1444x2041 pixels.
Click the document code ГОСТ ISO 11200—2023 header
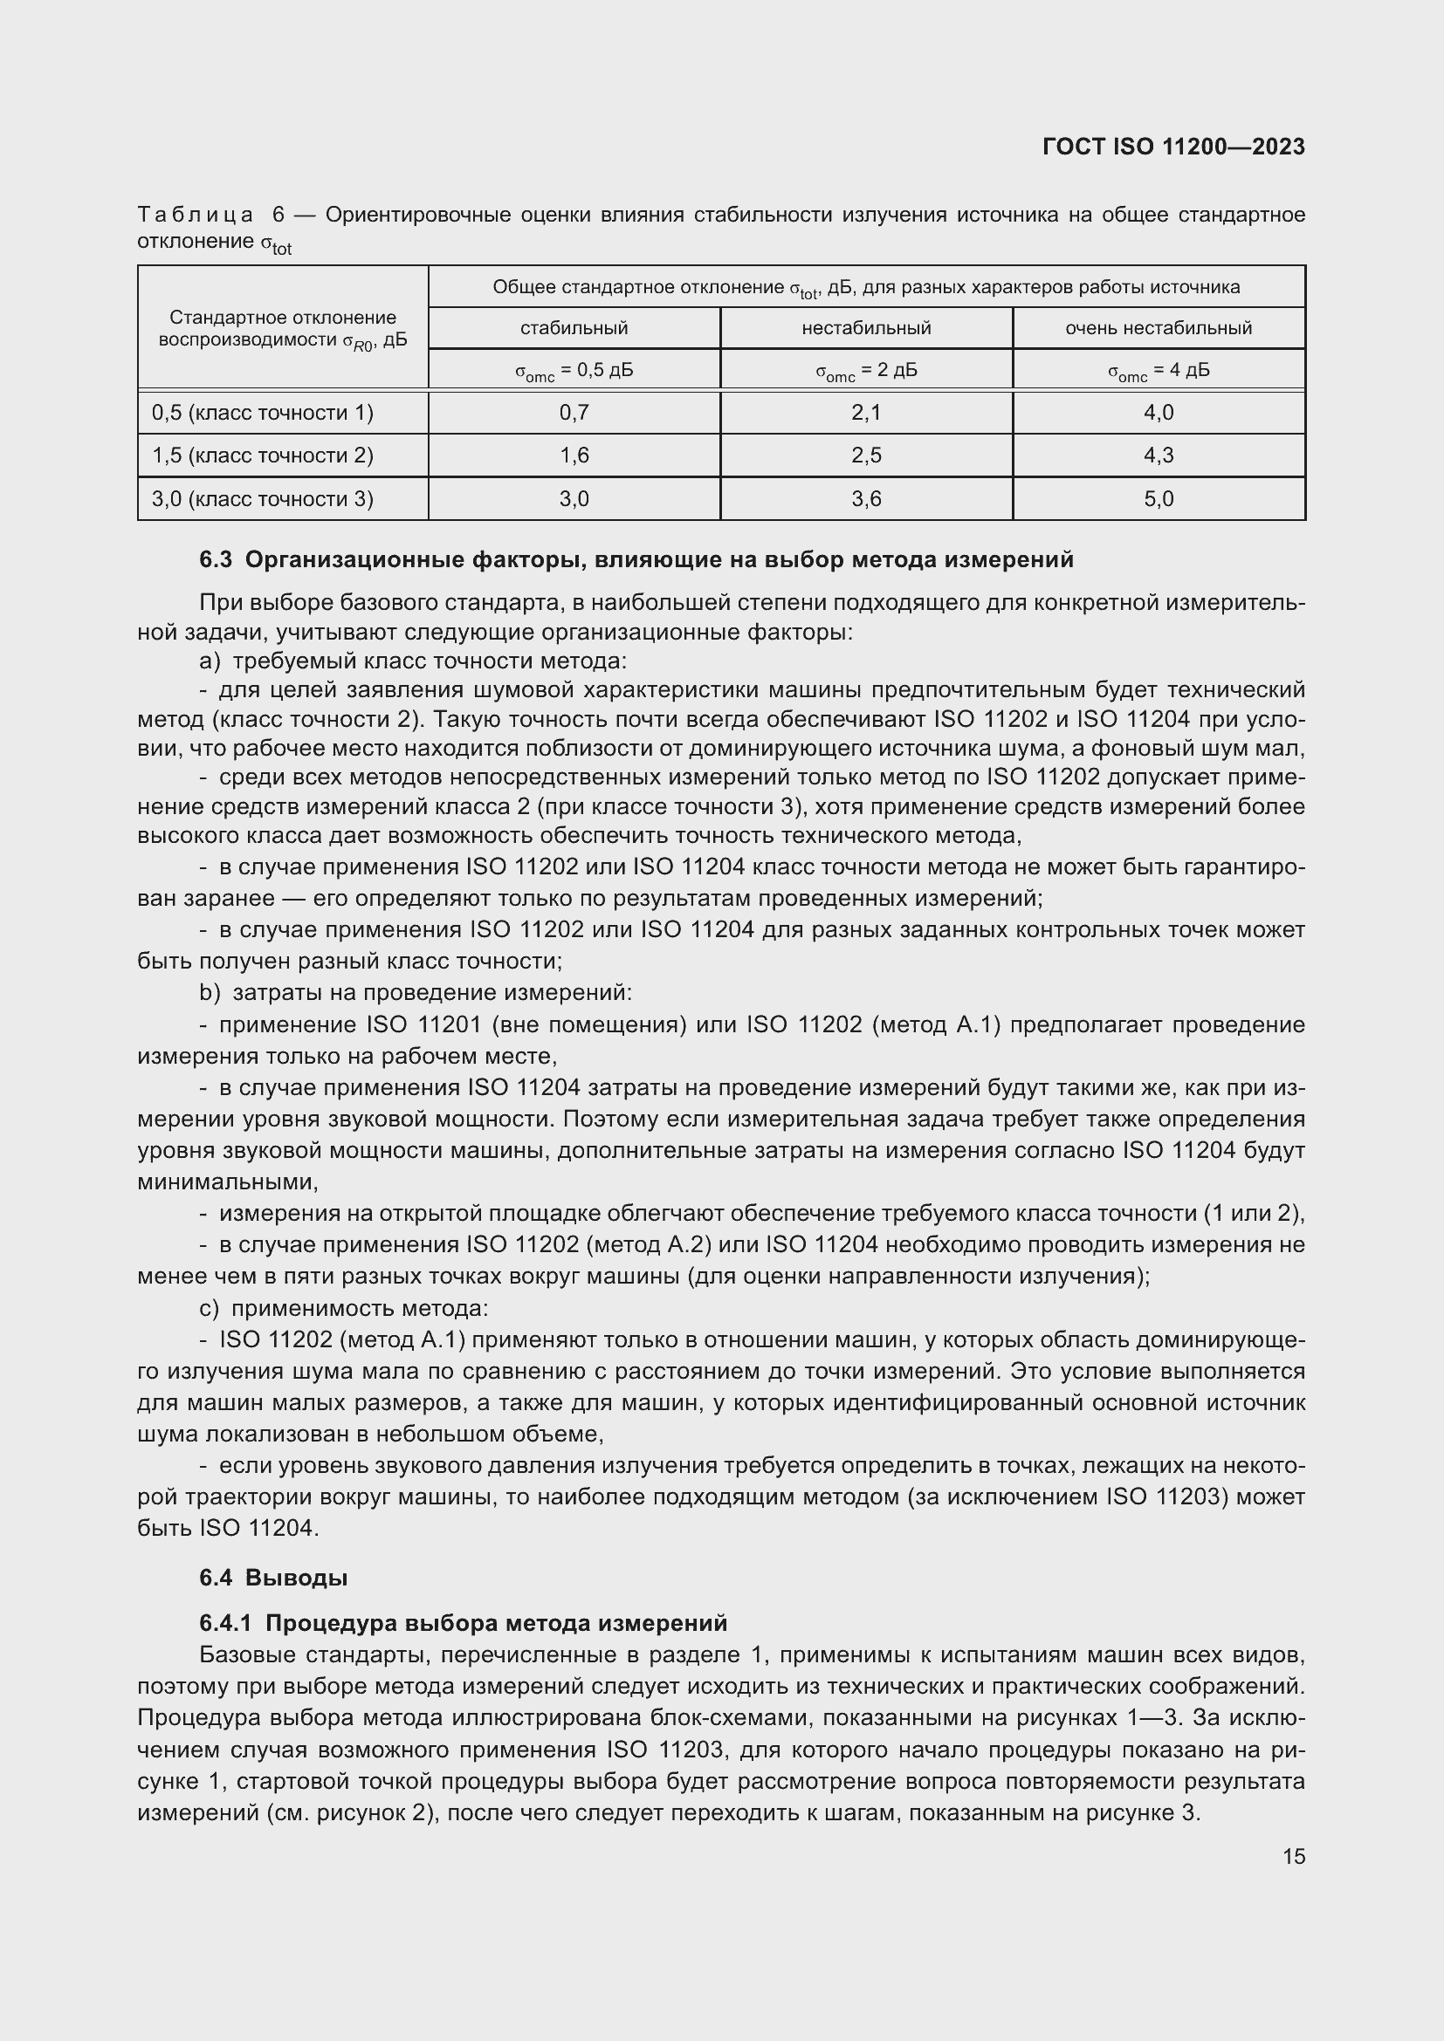click(x=1172, y=147)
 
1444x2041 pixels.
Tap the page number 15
click(x=1294, y=1856)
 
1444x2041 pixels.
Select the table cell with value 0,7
click(x=574, y=413)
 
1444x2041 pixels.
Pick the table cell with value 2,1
click(x=866, y=413)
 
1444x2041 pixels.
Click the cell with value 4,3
click(x=1158, y=455)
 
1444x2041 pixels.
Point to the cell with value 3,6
click(x=866, y=499)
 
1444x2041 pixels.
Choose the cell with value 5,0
click(x=1158, y=499)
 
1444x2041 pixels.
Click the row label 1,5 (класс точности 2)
click(x=262, y=455)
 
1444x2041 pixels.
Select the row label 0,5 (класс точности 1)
click(x=262, y=413)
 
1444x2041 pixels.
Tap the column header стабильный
click(x=574, y=328)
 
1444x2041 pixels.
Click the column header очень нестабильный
click(x=1158, y=328)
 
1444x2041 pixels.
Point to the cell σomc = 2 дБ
click(x=866, y=371)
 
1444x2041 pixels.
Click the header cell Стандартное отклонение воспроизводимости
click(x=283, y=329)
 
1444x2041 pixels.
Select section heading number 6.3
click(x=215, y=559)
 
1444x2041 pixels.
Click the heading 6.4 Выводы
click(x=273, y=1578)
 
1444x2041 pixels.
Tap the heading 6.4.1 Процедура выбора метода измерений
click(x=463, y=1623)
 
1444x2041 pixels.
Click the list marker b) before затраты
click(x=209, y=992)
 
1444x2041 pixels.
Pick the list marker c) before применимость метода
click(x=209, y=1309)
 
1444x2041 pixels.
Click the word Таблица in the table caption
click(x=196, y=216)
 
